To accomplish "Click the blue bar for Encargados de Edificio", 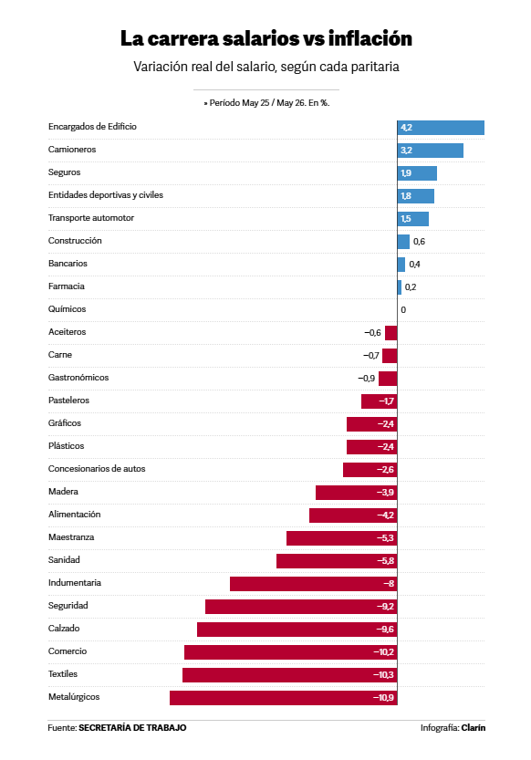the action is click(x=441, y=128).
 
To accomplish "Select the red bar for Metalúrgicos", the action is click(x=284, y=698).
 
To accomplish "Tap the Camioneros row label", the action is click(x=72, y=150).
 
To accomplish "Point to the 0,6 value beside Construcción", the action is click(x=419, y=242).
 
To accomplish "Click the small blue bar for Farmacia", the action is click(x=400, y=287).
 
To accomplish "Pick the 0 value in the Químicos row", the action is click(x=403, y=309).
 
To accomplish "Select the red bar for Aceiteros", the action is click(x=391, y=333).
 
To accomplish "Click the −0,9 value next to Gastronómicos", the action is click(x=366, y=378).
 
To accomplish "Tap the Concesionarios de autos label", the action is click(x=97, y=469).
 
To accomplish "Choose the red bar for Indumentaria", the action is click(x=314, y=584).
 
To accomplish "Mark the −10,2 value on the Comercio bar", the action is click(x=384, y=652).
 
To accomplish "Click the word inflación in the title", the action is click(x=370, y=38).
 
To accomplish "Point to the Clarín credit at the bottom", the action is click(x=474, y=727).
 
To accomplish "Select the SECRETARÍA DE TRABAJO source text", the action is click(x=132, y=727).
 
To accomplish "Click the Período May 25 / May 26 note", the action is click(x=266, y=103).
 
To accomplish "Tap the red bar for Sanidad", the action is click(x=337, y=561).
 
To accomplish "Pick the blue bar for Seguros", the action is click(x=417, y=173).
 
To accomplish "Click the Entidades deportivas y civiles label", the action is click(x=106, y=195).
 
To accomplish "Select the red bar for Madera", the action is click(x=357, y=493).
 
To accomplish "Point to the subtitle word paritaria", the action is click(x=375, y=67).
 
